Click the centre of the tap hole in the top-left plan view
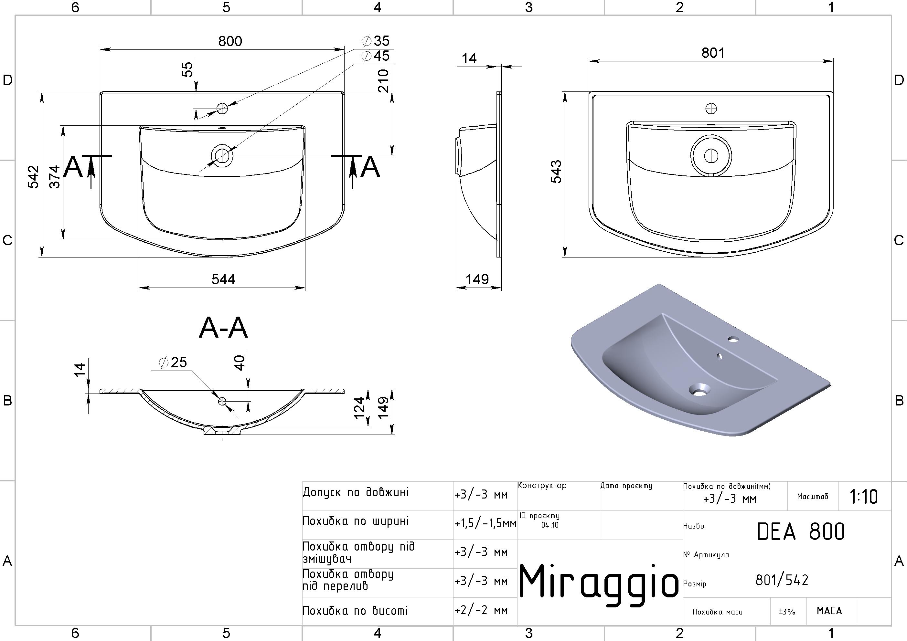click(x=222, y=109)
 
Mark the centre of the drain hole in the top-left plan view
click(x=222, y=156)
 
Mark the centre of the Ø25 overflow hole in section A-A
click(x=222, y=401)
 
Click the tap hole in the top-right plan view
click(x=711, y=109)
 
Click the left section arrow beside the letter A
click(x=91, y=172)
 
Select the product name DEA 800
click(x=801, y=531)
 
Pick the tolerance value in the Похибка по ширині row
click(x=486, y=524)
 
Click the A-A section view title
click(x=223, y=328)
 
